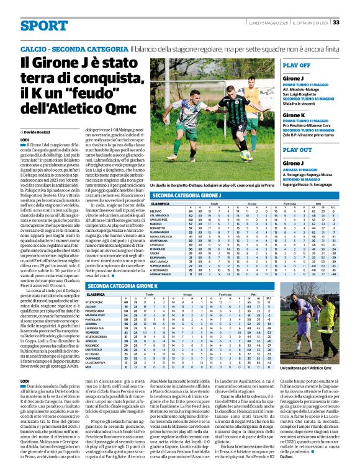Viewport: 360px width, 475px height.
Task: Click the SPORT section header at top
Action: click(44, 25)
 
